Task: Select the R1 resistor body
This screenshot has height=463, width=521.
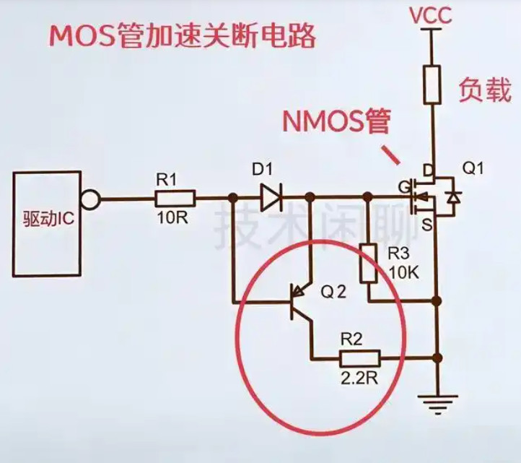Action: pyautogui.click(x=175, y=199)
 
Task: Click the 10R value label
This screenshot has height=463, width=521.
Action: pyautogui.click(x=172, y=218)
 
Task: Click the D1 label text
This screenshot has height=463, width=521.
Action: pyautogui.click(x=262, y=170)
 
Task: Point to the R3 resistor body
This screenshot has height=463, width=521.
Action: pyautogui.click(x=368, y=263)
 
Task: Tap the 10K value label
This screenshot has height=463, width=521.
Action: pyautogui.click(x=403, y=273)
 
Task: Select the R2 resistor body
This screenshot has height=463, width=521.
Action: pyautogui.click(x=359, y=358)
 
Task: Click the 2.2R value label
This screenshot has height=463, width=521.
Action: pyautogui.click(x=359, y=378)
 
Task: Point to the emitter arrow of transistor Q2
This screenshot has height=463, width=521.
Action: pyautogui.click(x=300, y=290)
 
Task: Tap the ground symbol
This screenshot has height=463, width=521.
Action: pyautogui.click(x=437, y=403)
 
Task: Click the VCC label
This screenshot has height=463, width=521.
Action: pyautogui.click(x=430, y=15)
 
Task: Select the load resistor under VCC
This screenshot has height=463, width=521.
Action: pyautogui.click(x=432, y=85)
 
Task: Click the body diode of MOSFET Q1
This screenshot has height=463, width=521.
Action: pyautogui.click(x=453, y=198)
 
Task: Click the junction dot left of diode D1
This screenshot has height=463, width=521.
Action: pyautogui.click(x=233, y=198)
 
